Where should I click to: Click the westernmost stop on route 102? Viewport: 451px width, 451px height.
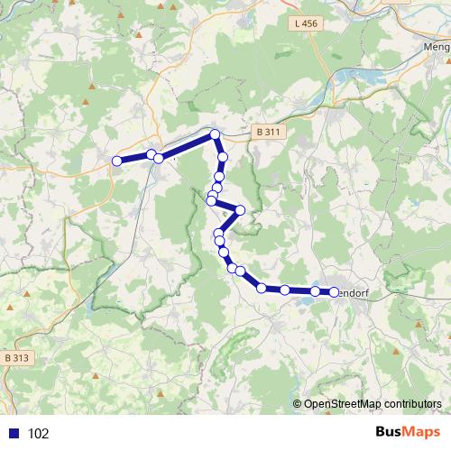(116, 161)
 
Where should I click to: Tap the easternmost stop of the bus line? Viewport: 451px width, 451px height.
(334, 291)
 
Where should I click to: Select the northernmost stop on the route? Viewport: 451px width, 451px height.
(216, 135)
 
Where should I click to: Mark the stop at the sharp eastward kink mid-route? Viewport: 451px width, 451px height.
(240, 210)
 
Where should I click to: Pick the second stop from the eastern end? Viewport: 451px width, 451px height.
(315, 291)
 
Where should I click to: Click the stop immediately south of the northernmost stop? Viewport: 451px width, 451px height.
(222, 156)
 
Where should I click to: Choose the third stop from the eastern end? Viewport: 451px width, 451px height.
(285, 290)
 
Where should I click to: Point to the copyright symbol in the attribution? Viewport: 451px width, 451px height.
(298, 403)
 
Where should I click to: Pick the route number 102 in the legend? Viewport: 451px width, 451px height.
(39, 433)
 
